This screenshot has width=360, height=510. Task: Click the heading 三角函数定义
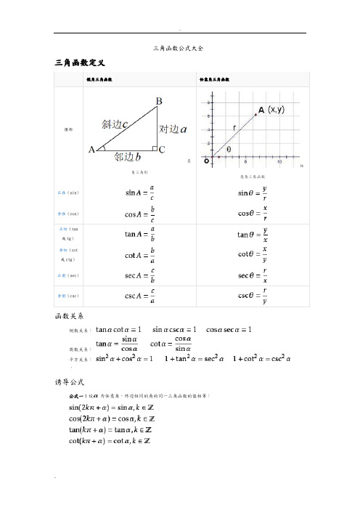pyautogui.click(x=80, y=64)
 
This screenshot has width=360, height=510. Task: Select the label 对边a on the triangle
pyautogui.click(x=173, y=129)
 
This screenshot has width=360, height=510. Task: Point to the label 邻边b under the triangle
pyautogui.click(x=128, y=155)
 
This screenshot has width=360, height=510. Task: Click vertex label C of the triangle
pyautogui.click(x=163, y=150)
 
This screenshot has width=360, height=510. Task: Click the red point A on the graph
pyautogui.click(x=255, y=113)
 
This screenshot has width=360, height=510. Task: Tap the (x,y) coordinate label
pyautogui.click(x=275, y=110)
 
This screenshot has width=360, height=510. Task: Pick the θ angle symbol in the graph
pyautogui.click(x=229, y=148)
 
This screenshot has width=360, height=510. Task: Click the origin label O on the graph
pyautogui.click(x=206, y=159)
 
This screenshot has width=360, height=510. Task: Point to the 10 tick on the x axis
pyautogui.click(x=279, y=161)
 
